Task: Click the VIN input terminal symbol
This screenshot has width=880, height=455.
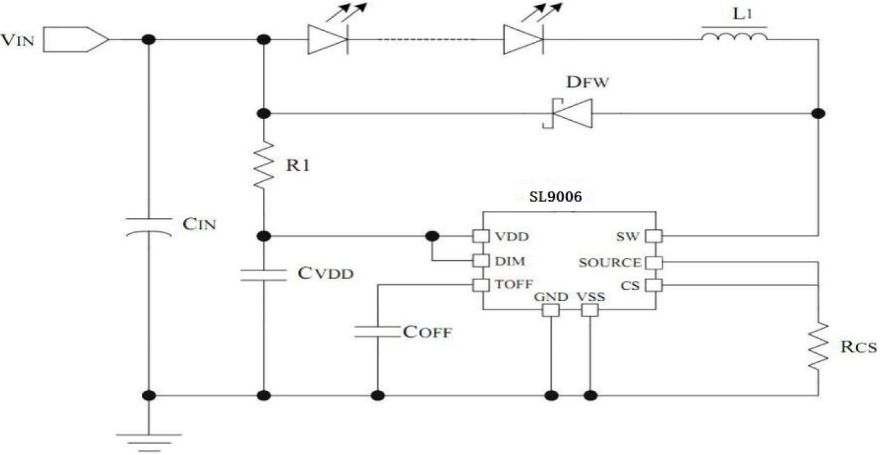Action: pyautogui.click(x=75, y=39)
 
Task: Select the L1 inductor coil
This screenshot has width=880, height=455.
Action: pyautogui.click(x=734, y=36)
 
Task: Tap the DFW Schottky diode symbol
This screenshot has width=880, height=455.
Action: pyautogui.click(x=567, y=113)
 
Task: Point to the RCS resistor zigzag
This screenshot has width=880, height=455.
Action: pyautogui.click(x=818, y=345)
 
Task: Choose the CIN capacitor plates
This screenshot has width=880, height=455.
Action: pyautogui.click(x=149, y=227)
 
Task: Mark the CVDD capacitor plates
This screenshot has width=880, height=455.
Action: pyautogui.click(x=264, y=275)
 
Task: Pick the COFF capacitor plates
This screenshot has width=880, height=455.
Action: pyautogui.click(x=378, y=332)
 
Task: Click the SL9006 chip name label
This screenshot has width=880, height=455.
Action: pyautogui.click(x=555, y=196)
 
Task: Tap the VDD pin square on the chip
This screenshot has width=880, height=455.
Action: pyautogui.click(x=481, y=236)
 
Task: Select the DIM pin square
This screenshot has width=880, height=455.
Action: pyautogui.click(x=481, y=261)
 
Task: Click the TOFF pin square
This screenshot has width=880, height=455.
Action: pyautogui.click(x=481, y=285)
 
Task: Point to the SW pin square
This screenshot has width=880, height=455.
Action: pyautogui.click(x=654, y=236)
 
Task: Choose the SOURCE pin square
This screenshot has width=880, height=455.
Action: pyautogui.click(x=654, y=263)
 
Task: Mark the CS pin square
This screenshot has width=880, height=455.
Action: pyautogui.click(x=654, y=285)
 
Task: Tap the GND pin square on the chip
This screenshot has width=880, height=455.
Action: pyautogui.click(x=551, y=310)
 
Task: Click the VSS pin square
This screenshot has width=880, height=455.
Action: pyautogui.click(x=590, y=310)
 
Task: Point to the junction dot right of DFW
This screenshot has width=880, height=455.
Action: pyautogui.click(x=818, y=113)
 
